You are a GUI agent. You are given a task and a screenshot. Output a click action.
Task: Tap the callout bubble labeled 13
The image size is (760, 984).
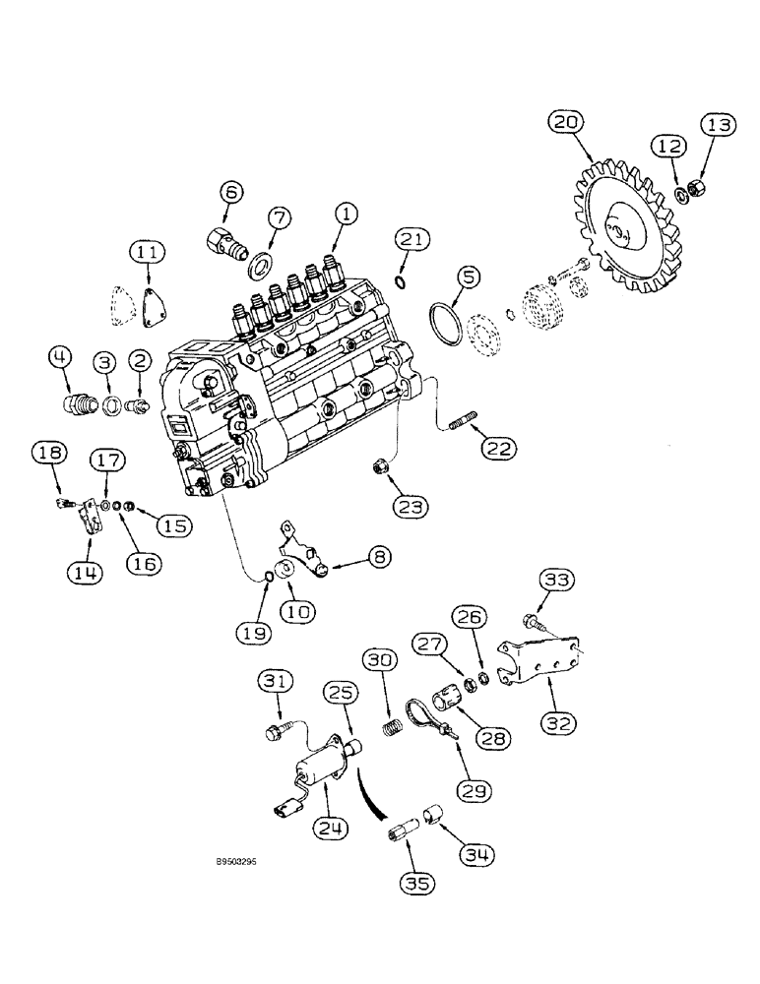[x=718, y=126]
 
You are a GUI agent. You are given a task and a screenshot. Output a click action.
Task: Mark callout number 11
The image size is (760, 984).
[x=148, y=254]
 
